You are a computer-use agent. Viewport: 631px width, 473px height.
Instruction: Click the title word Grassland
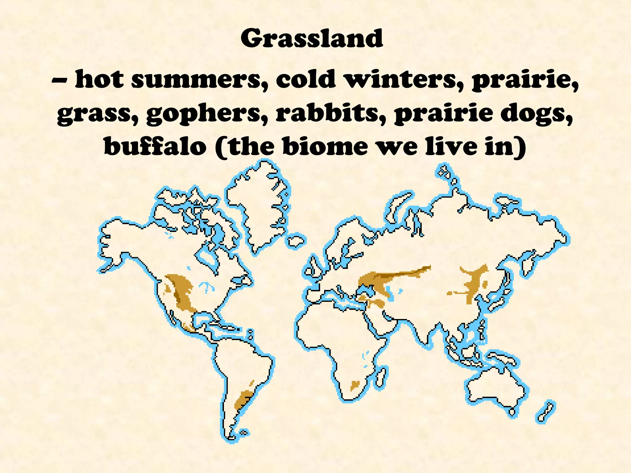(312, 38)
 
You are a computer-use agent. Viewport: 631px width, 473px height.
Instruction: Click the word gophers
(203, 114)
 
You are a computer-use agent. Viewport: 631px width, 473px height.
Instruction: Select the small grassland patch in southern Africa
(354, 385)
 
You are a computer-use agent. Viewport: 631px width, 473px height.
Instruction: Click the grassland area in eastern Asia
(474, 282)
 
